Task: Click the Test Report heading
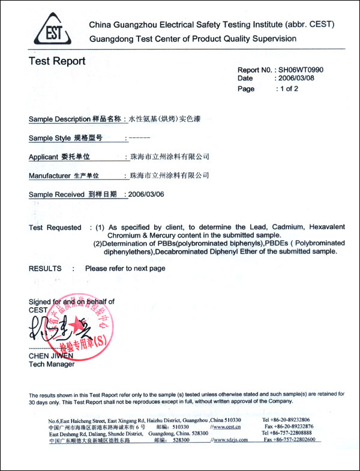point(57,61)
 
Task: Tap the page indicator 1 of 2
point(287,89)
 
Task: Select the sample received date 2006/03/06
point(144,194)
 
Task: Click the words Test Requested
point(55,227)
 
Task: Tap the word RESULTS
point(45,268)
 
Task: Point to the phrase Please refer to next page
point(125,268)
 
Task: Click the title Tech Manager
point(52,364)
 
